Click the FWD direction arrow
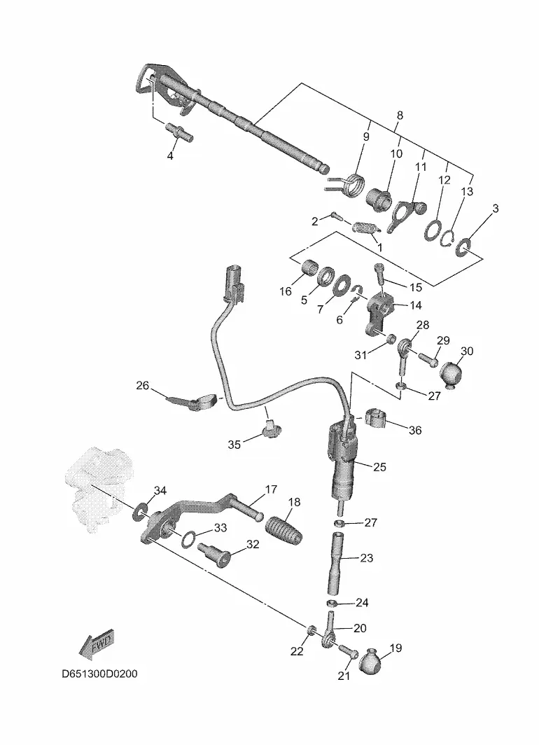97,644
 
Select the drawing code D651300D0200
99,674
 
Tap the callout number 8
400,115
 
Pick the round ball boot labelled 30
452,374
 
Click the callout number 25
380,467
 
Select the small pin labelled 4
178,131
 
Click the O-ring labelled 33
189,538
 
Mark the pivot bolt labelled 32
213,555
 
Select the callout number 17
271,489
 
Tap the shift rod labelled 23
336,564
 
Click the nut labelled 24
333,604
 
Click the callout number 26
143,385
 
